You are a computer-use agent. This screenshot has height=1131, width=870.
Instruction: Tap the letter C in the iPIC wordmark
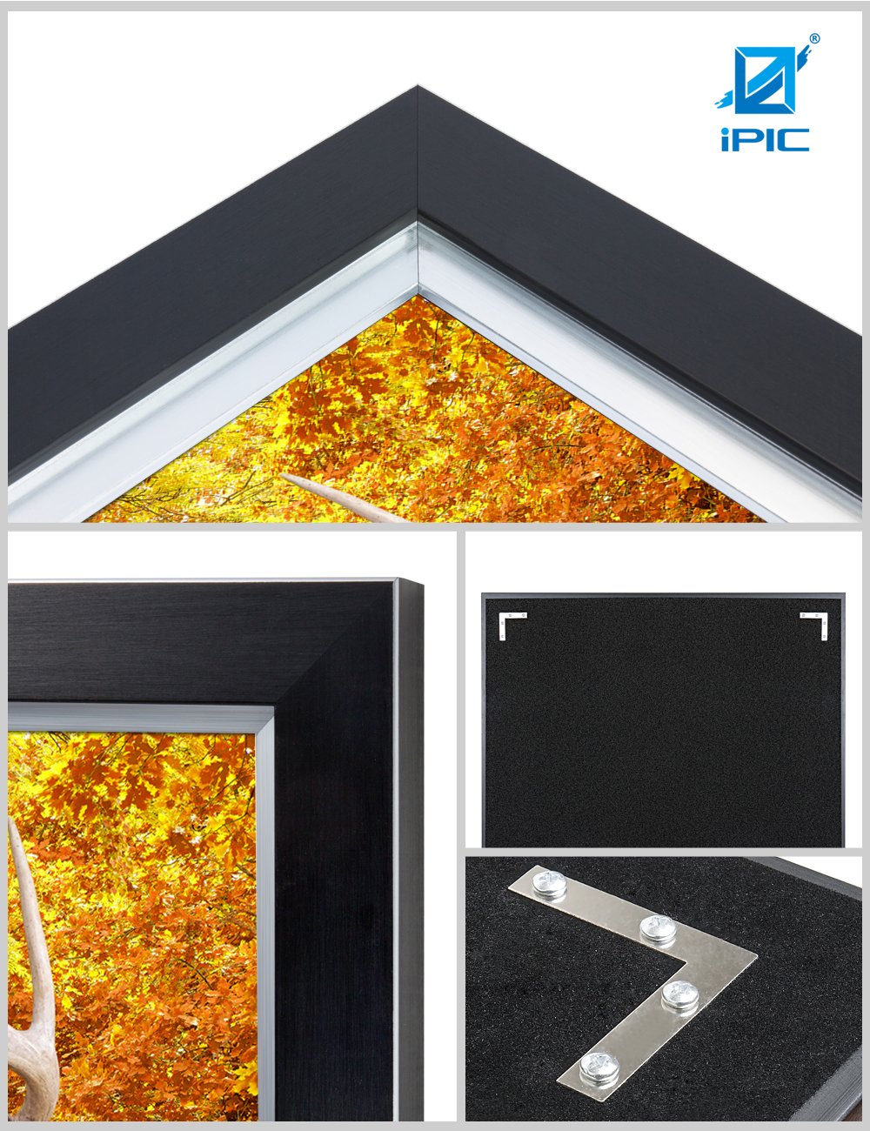pyautogui.click(x=792, y=139)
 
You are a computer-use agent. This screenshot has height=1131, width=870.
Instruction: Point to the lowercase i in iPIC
pyautogui.click(x=726, y=139)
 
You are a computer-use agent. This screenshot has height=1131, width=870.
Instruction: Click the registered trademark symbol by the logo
pyautogui.click(x=814, y=38)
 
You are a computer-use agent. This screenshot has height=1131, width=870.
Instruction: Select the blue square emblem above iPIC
pyautogui.click(x=765, y=80)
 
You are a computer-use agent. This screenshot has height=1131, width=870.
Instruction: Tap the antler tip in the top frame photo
pyautogui.click(x=284, y=475)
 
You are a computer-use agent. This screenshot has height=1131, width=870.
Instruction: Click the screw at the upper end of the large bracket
pyautogui.click(x=550, y=884)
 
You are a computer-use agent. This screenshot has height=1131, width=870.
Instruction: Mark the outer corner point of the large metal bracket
pyautogui.click(x=757, y=955)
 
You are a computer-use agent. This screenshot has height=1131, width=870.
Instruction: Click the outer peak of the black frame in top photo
pyautogui.click(x=418, y=86)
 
